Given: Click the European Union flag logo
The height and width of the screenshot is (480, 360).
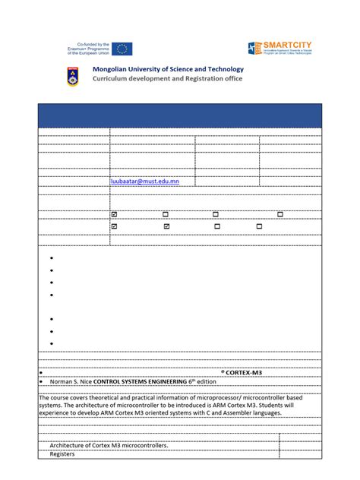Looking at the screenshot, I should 124,49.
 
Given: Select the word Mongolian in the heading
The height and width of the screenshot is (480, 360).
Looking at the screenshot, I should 112,70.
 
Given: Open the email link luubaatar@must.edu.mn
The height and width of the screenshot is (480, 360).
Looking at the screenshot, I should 144,182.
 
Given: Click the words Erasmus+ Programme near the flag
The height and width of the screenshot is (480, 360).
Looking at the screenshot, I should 90,49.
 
